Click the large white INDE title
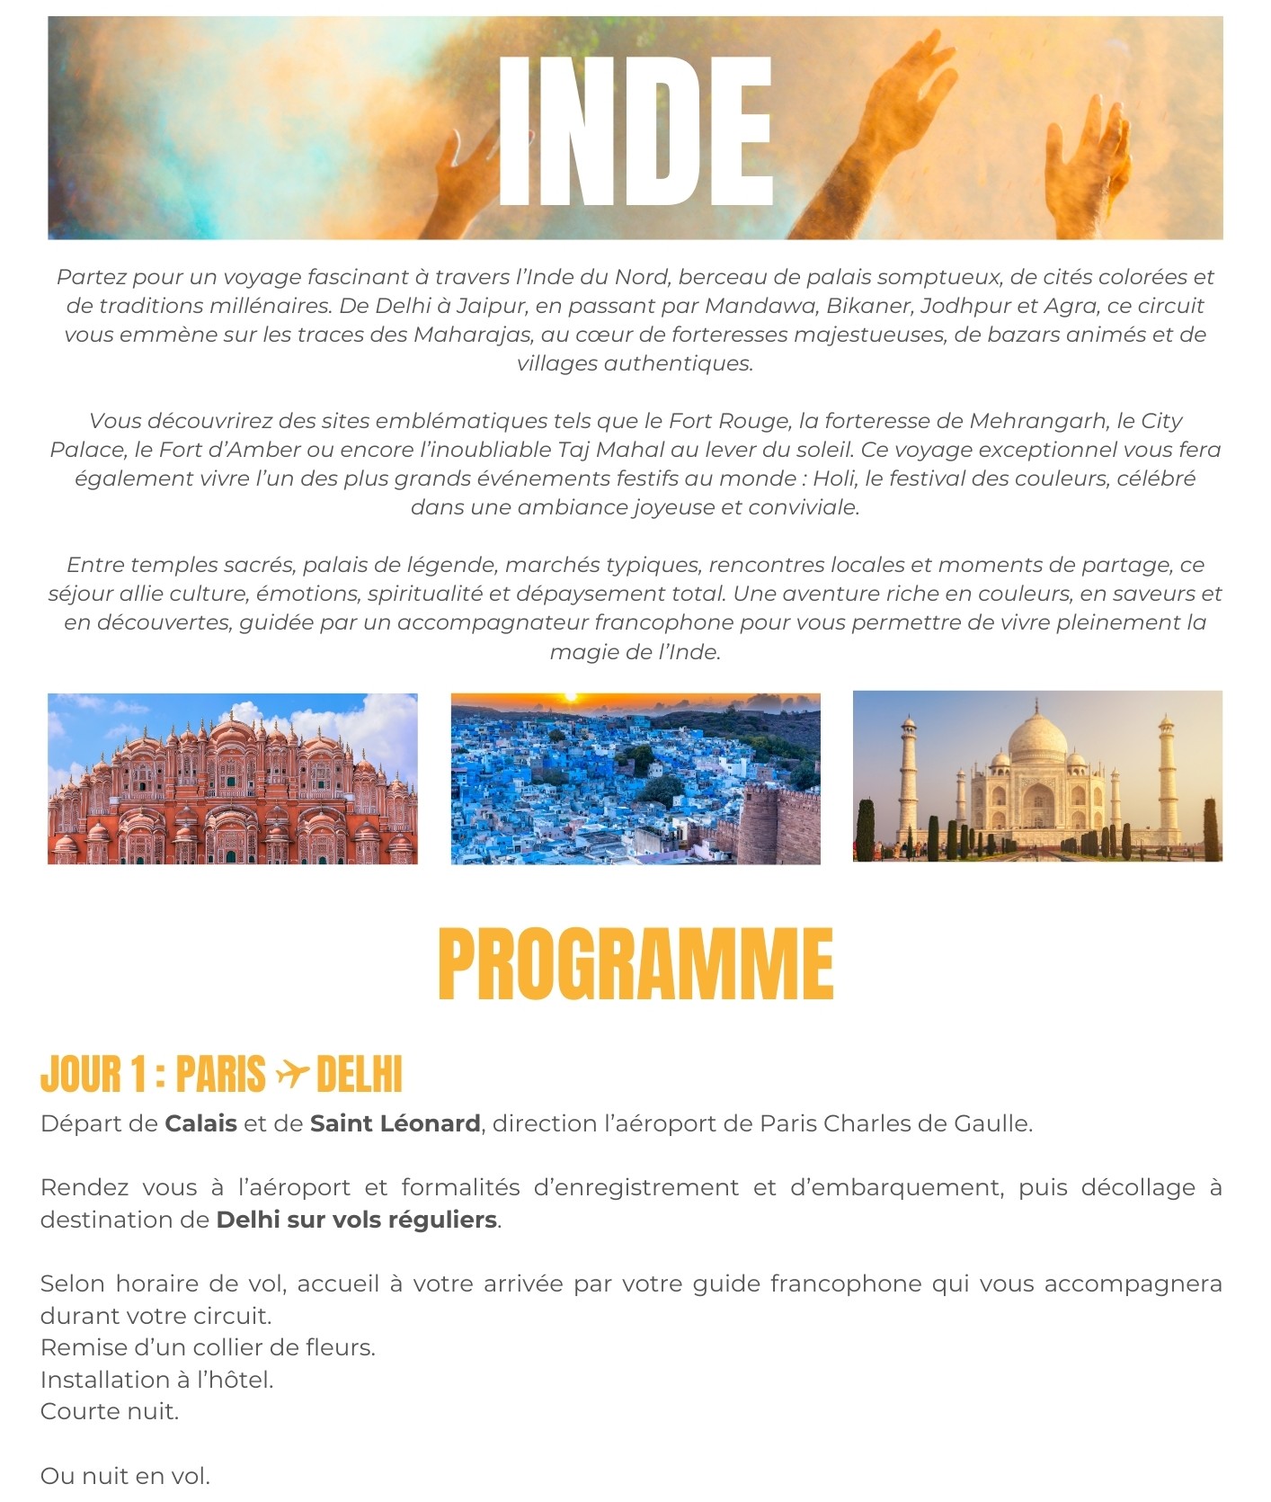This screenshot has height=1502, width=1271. [x=635, y=130]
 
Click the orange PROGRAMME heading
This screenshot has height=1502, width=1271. [x=635, y=963]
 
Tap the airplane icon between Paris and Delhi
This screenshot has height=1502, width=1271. [x=291, y=1073]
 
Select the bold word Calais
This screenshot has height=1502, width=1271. [x=200, y=1123]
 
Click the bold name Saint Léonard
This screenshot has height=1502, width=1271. [x=395, y=1123]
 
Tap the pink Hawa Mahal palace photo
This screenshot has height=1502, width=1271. [x=232, y=779]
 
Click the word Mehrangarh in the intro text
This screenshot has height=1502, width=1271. [x=1037, y=421]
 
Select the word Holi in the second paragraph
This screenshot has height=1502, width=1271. [x=833, y=478]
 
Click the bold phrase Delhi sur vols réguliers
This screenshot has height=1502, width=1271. [x=356, y=1220]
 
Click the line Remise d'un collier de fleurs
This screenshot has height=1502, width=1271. [x=208, y=1347]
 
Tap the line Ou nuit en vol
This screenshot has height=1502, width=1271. [x=125, y=1476]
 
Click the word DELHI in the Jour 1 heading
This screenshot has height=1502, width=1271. [x=360, y=1074]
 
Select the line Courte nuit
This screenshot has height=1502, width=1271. [x=110, y=1411]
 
